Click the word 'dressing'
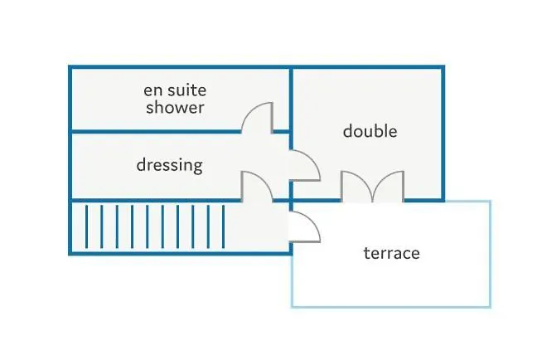tap(169, 165)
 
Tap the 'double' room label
tap(370, 131)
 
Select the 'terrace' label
tap(391, 253)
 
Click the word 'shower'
tap(175, 107)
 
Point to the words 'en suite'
tap(175, 90)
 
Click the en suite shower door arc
tap(258, 116)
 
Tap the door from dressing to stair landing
tap(258, 184)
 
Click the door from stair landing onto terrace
tap(305, 226)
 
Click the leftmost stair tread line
tap(87, 226)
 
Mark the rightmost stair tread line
tap(223, 226)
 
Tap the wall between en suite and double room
tap(290, 95)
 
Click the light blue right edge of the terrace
tap(490, 254)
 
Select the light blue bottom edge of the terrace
tap(390, 307)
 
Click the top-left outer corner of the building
tap(70, 67)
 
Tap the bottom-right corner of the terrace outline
tap(490, 307)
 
